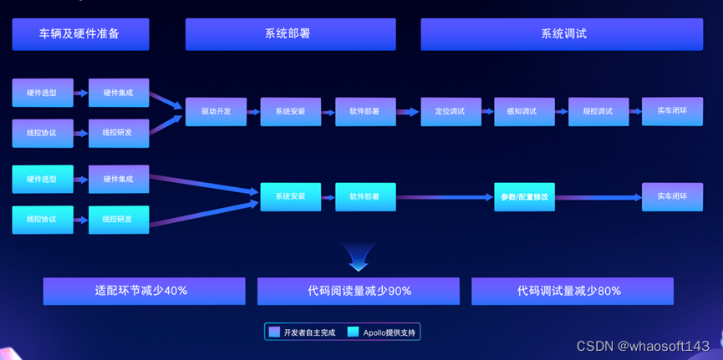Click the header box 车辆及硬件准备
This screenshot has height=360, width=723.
tap(80, 34)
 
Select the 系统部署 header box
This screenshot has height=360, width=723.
tap(290, 34)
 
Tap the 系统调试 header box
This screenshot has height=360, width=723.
tap(563, 34)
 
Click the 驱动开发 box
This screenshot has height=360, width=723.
tap(216, 111)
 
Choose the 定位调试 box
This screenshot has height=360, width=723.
tap(450, 111)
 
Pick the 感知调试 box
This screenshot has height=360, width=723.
tap(524, 111)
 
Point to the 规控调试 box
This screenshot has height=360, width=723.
tap(598, 111)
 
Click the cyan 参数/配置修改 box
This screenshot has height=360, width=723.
tap(524, 197)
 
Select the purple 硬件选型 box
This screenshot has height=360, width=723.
tap(43, 93)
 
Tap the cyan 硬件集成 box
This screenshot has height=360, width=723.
tap(119, 179)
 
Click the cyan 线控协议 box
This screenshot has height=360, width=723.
tap(43, 219)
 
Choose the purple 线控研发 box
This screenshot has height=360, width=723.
tap(119, 132)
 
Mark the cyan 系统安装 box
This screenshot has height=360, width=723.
tap(290, 197)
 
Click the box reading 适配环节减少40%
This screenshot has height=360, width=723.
tap(144, 292)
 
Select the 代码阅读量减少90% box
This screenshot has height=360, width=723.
tap(359, 292)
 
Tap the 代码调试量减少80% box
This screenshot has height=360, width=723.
tap(573, 292)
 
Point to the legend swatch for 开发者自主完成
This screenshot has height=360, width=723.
tap(274, 332)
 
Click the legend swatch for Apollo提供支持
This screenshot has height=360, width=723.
tap(353, 332)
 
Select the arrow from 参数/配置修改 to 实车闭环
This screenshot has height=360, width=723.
tap(598, 198)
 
